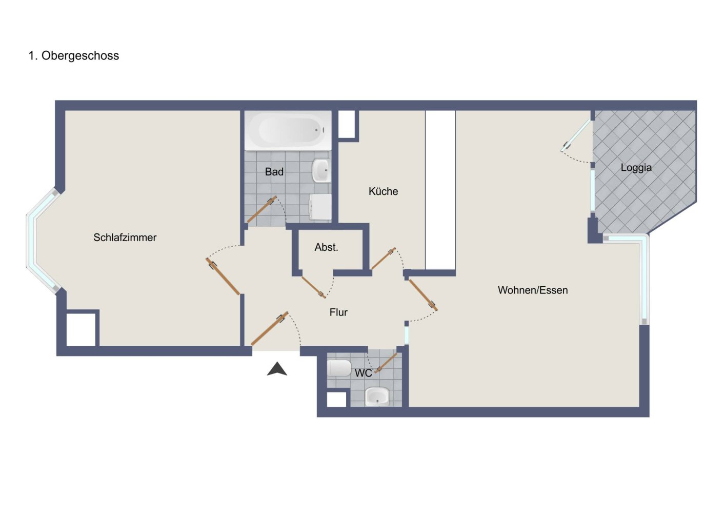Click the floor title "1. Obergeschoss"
coord(73,56)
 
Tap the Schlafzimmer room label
coord(125,238)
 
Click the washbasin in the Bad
coord(321,170)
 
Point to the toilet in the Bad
coord(320,207)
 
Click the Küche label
coord(383,191)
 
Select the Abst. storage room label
coord(326,247)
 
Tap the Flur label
coord(338,312)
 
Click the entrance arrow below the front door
coord(277,369)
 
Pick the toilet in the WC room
coord(339,368)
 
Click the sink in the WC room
coord(377,397)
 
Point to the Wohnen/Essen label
coord(533,290)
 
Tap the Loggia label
coord(636,168)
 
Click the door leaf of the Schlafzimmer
coord(223,277)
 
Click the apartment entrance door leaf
coord(270,328)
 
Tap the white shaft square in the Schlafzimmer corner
coord(81,329)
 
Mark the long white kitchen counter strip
coord(440,189)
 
